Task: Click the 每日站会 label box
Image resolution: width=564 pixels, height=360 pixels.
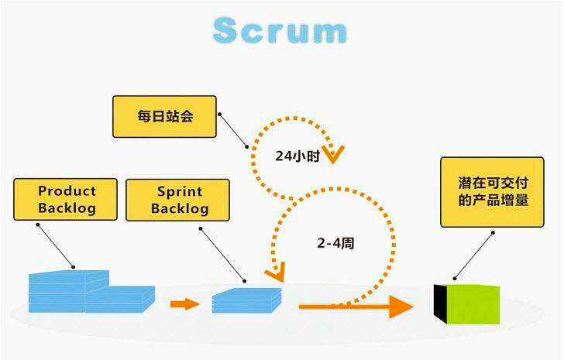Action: (163, 116)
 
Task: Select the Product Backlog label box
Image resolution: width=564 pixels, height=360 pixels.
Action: (67, 199)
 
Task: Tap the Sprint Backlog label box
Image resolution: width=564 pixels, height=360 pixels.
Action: (177, 199)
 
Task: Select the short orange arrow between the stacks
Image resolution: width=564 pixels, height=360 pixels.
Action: (184, 303)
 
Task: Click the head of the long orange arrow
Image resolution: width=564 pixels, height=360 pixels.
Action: (401, 306)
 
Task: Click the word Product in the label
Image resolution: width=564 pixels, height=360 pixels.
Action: (67, 190)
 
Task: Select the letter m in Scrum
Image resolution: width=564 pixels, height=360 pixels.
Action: (328, 32)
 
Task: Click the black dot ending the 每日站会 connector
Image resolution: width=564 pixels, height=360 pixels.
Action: (248, 145)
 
